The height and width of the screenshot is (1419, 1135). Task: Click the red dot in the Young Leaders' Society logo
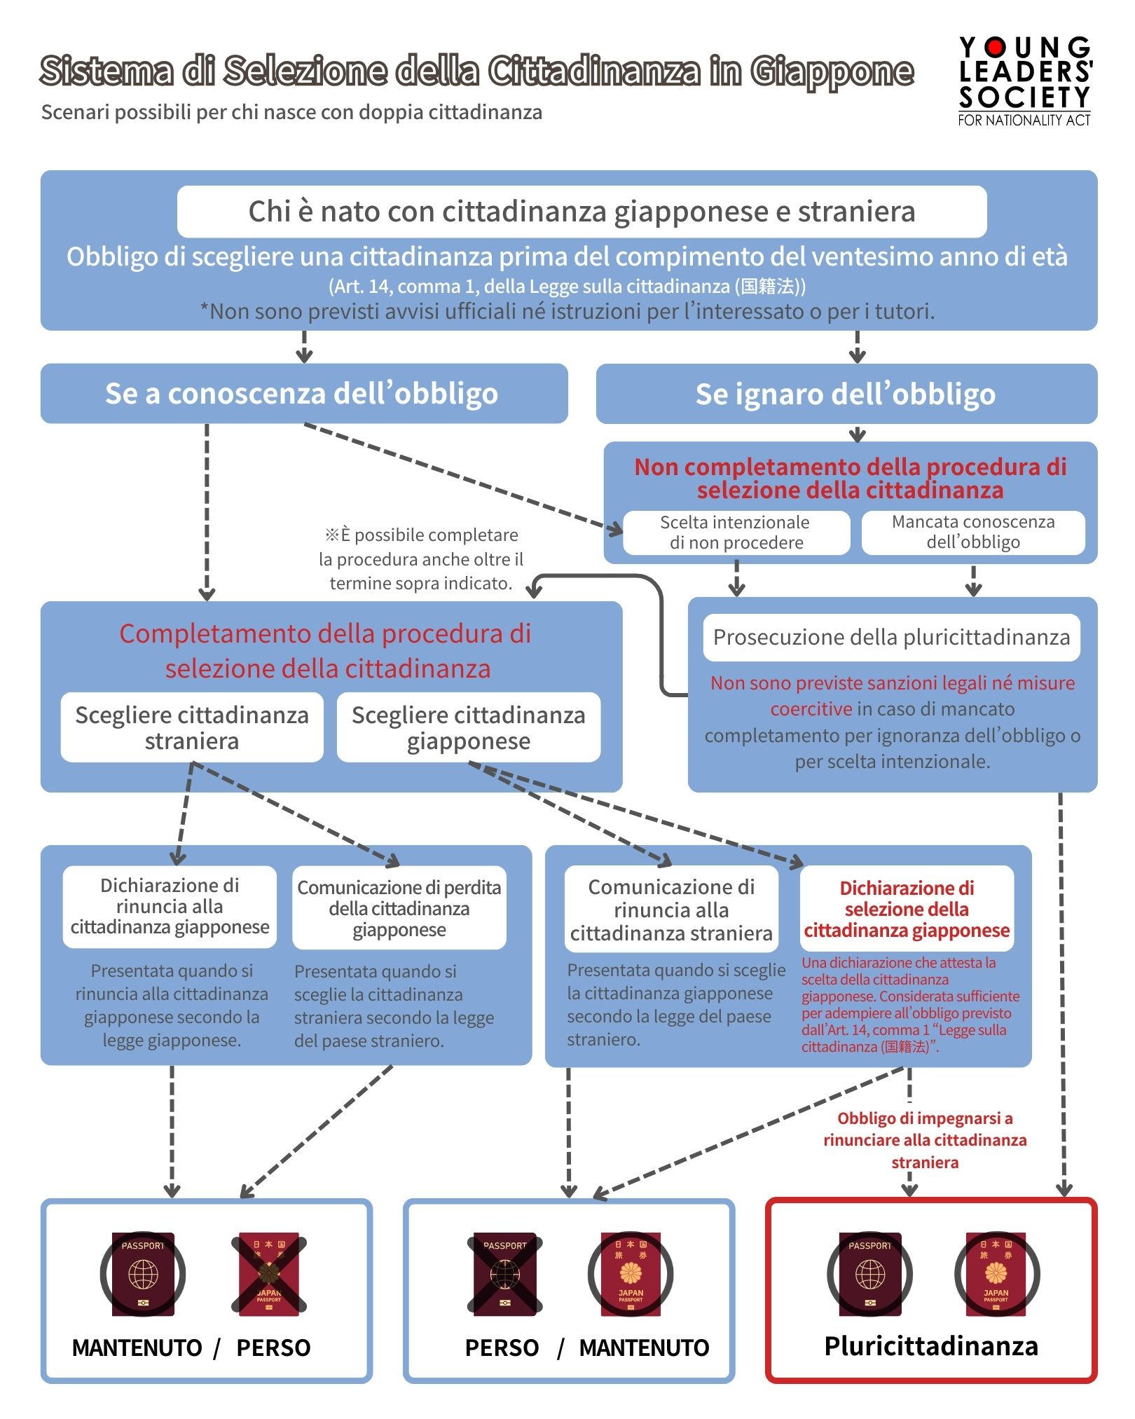pos(996,47)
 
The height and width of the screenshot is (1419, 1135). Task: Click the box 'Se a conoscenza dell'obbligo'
pos(303,393)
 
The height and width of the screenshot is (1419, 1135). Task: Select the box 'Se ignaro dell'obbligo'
pos(846,394)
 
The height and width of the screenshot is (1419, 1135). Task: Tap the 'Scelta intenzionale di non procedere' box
pos(736,533)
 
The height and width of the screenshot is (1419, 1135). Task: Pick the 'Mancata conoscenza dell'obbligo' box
pos(972,533)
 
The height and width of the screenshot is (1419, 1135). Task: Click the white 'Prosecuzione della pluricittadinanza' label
pos(891,637)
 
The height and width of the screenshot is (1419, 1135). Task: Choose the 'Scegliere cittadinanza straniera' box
pos(192,727)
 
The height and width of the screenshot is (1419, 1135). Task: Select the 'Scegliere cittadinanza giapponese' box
pos(468,727)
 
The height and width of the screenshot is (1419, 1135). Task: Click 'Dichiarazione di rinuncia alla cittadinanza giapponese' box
pos(170,907)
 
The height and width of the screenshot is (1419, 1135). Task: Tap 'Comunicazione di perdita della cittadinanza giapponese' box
pos(399,908)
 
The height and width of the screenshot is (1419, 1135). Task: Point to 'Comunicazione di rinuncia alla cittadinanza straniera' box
pos(671,910)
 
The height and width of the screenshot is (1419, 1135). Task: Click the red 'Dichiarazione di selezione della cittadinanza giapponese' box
pos(907,909)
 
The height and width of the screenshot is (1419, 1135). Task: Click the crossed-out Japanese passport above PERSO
pos(269,1273)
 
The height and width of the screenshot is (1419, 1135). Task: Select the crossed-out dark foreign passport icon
pos(504,1273)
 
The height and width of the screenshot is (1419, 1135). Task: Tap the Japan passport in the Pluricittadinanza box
pos(996,1273)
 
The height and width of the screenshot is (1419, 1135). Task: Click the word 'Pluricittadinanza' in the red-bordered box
pos(931,1346)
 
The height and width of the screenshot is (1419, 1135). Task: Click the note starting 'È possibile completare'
pos(420,559)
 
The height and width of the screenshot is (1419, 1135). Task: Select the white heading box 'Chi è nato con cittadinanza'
pos(582,212)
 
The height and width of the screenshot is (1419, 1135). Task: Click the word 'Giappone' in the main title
pos(832,71)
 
